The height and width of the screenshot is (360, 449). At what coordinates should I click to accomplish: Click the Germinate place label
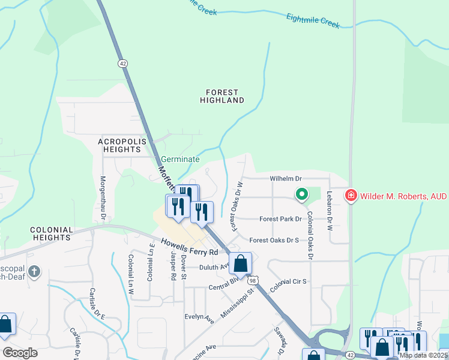coord(179,160)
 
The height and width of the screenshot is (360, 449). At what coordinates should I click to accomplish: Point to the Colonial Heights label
coord(52,233)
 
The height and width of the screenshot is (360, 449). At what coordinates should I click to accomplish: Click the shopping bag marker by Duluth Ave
coord(240,263)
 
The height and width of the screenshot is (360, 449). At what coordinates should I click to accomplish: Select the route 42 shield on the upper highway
coord(122,63)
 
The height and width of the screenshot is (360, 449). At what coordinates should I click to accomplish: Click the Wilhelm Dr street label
coord(285,179)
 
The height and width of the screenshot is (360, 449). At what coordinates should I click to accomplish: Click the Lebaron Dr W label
coord(329,211)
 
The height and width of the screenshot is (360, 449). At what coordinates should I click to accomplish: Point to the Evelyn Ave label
coord(200,317)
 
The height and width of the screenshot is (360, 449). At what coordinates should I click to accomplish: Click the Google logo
coord(20,353)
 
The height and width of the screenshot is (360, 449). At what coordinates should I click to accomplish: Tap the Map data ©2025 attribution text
coord(423,355)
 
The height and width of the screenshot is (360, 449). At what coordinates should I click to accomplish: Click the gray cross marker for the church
coord(34,272)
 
